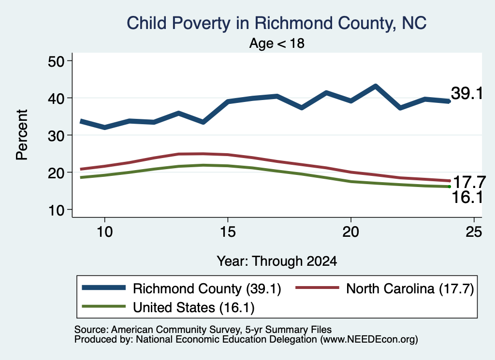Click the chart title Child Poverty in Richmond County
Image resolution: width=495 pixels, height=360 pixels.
(277, 23)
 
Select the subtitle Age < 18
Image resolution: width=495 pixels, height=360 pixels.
(277, 43)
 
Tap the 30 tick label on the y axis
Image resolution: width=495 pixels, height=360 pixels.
(56, 135)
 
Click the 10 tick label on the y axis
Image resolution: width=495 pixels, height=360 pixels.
(56, 210)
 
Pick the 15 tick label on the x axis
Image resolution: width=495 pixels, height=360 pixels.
(228, 232)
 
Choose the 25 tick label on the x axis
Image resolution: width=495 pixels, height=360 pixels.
(474, 232)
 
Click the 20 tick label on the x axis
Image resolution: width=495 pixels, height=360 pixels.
(351, 232)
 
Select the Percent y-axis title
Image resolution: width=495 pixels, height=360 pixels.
(22, 135)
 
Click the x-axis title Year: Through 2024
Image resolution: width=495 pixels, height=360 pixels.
(277, 261)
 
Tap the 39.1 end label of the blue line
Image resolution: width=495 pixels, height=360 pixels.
(467, 93)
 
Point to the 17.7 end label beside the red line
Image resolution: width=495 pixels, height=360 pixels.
(469, 182)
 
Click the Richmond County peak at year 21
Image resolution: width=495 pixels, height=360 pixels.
(375, 86)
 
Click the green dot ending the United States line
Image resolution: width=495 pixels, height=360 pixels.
(449, 187)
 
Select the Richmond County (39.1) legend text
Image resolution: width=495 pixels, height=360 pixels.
(207, 288)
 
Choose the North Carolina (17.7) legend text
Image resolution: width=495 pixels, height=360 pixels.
(410, 288)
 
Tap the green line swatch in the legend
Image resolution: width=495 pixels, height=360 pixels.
(104, 306)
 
